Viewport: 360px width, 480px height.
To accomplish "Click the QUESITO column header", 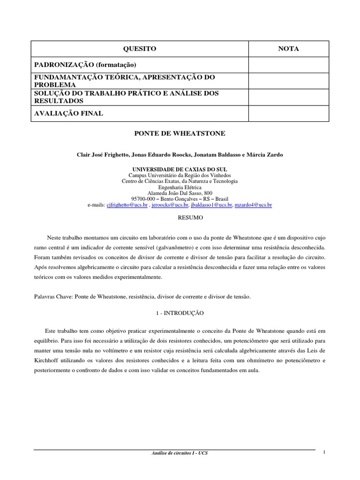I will tap(139, 49).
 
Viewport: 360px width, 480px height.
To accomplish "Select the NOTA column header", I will tap(289, 49).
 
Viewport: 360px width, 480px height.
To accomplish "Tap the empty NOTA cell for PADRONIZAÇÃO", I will tap(289, 65).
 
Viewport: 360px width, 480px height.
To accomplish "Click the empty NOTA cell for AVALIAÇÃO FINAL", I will tap(289, 113).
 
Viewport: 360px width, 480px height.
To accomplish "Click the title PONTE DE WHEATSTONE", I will tap(180, 134).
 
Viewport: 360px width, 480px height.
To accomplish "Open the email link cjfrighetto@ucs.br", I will tap(127, 205).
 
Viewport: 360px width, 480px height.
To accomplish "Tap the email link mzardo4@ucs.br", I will tap(253, 205).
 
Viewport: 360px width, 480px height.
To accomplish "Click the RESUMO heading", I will tap(180, 218).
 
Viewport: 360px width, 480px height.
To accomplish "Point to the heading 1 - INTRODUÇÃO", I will tap(180, 312).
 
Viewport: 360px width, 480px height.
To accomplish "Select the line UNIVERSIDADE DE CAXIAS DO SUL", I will tap(180, 168).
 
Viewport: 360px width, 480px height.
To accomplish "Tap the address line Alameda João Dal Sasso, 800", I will tap(180, 193).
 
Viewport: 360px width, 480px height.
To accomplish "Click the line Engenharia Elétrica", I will tap(180, 187).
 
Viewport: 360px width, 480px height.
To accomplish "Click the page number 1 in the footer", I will tap(324, 452).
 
